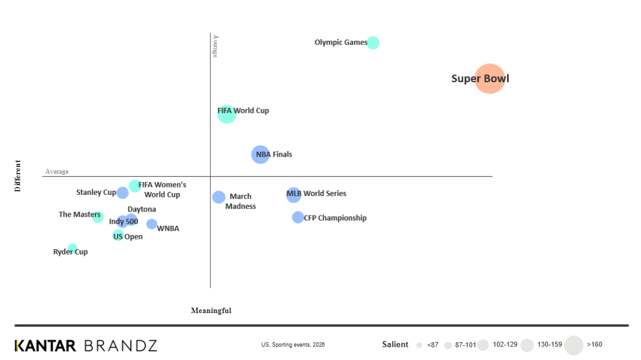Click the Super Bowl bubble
(x=489, y=79)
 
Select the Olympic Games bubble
(x=373, y=43)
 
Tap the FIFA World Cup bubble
(x=226, y=114)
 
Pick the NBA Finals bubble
(x=260, y=155)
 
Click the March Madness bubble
(x=219, y=197)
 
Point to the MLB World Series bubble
(x=294, y=195)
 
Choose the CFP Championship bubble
(x=298, y=217)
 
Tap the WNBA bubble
(x=152, y=224)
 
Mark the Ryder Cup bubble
(x=72, y=249)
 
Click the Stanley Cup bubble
(x=122, y=192)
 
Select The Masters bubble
(x=97, y=217)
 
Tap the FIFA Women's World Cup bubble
(x=135, y=186)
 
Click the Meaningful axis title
(x=211, y=311)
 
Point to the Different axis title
(x=18, y=176)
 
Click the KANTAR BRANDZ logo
(x=86, y=346)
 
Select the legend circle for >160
(x=573, y=345)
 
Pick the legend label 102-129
(x=505, y=345)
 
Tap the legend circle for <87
(x=419, y=345)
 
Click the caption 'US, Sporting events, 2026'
(x=293, y=345)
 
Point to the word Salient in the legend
(x=395, y=345)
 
